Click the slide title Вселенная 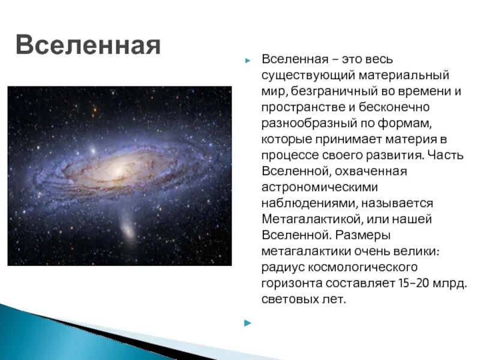click(x=88, y=44)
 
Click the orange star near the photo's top click(x=95, y=109)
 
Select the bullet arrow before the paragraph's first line click(x=248, y=61)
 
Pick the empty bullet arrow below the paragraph click(x=248, y=323)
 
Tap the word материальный click(x=403, y=76)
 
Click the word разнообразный click(x=309, y=124)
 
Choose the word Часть click(x=445, y=155)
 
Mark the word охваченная click(x=371, y=171)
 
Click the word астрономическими click(x=320, y=187)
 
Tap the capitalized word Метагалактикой click(x=312, y=220)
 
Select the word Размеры click(x=363, y=235)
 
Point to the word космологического click(x=362, y=268)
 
